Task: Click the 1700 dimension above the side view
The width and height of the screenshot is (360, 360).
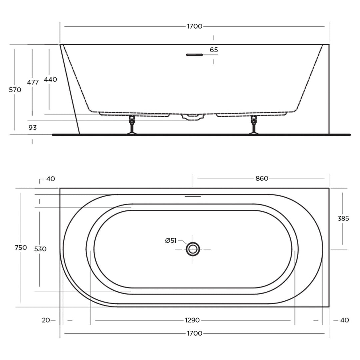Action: pyautogui.click(x=194, y=26)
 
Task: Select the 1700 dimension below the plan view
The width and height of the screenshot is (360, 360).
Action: pyautogui.click(x=194, y=333)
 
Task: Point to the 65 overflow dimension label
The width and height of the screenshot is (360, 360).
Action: pyautogui.click(x=214, y=50)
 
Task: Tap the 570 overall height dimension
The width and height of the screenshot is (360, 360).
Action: pyautogui.click(x=15, y=90)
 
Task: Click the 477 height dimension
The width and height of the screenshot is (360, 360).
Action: pyautogui.click(x=33, y=82)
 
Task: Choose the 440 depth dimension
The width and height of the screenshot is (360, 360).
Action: pyautogui.click(x=50, y=79)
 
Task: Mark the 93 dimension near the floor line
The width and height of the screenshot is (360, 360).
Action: pyautogui.click(x=32, y=127)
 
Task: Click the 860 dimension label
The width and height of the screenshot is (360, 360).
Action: pyautogui.click(x=262, y=178)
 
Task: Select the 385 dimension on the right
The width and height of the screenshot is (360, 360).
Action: pyautogui.click(x=343, y=218)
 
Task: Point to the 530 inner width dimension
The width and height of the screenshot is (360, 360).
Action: pyautogui.click(x=40, y=249)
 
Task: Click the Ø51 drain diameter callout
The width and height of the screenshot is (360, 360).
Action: pyautogui.click(x=171, y=241)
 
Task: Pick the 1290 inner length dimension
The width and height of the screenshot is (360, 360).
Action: pyautogui.click(x=192, y=320)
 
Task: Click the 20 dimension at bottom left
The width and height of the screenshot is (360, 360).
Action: pyautogui.click(x=46, y=320)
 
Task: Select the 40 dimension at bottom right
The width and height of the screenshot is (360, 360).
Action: pyautogui.click(x=345, y=320)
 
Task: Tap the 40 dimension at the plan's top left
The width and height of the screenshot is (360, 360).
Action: pyautogui.click(x=50, y=179)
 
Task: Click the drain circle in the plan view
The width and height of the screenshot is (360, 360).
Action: pyautogui.click(x=193, y=249)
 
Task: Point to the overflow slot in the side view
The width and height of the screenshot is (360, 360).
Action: pyautogui.click(x=194, y=55)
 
